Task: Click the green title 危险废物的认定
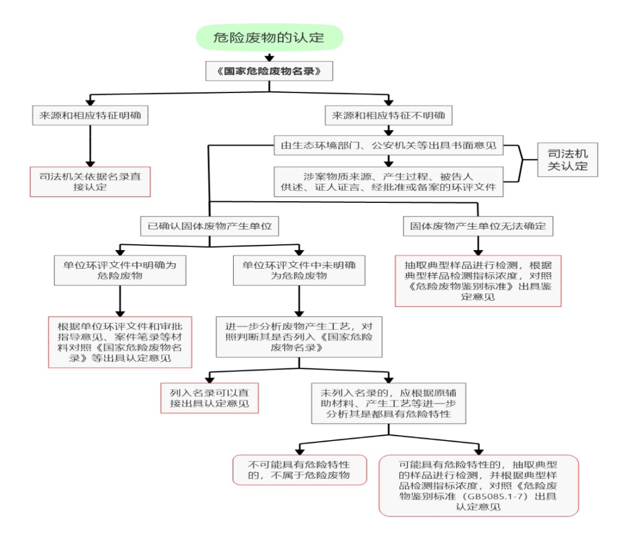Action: [269, 38]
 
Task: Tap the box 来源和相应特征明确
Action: [90, 116]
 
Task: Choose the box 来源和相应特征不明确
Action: [388, 116]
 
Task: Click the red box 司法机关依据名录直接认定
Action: [90, 181]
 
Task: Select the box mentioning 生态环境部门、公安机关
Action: [388, 146]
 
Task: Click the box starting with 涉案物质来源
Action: [388, 181]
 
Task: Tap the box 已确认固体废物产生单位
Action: [209, 226]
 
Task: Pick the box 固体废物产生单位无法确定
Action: [477, 226]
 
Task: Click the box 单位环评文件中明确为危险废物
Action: [120, 270]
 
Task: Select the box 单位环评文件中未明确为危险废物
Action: [299, 270]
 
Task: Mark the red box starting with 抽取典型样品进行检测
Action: [478, 280]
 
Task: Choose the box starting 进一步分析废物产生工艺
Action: [299, 336]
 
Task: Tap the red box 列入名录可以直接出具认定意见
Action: [209, 398]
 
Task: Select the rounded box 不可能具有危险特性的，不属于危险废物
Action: [299, 469]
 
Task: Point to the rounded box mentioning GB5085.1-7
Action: [479, 485]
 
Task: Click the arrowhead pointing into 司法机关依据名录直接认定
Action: [90, 164]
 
